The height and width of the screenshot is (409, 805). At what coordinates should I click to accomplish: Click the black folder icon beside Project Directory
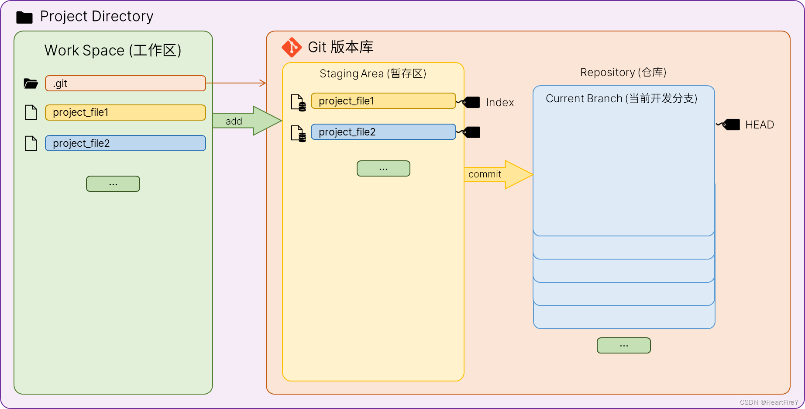pos(24,17)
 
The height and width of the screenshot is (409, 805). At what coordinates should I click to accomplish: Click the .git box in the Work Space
pos(125,83)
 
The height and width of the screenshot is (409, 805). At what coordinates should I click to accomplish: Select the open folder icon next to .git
pos(31,83)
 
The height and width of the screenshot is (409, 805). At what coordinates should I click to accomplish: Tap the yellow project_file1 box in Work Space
pos(125,112)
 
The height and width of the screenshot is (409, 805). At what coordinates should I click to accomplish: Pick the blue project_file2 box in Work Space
pos(125,143)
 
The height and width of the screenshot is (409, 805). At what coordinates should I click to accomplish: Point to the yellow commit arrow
pos(498,174)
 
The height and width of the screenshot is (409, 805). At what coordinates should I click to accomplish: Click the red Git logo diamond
pos(292,47)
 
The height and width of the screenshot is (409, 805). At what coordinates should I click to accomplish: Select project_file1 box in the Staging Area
pos(383,101)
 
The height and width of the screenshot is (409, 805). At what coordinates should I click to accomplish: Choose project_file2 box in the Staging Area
pos(383,132)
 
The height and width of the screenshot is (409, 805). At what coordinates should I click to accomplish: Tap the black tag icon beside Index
pos(471,102)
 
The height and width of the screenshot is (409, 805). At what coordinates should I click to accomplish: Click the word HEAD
pos(759,125)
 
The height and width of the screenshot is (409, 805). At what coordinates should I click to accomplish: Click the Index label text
pos(500,103)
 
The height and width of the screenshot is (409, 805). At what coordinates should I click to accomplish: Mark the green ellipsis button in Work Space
pos(113,184)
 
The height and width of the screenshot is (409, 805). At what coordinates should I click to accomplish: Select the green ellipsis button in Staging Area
pos(383,169)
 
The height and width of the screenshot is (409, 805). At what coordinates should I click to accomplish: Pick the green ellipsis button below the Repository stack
pos(623,346)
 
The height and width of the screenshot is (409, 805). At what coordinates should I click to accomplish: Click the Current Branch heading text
pos(621,99)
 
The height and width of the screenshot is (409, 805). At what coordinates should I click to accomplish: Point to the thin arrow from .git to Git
pos(236,83)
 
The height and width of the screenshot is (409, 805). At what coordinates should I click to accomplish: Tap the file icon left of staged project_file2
pos(298,133)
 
